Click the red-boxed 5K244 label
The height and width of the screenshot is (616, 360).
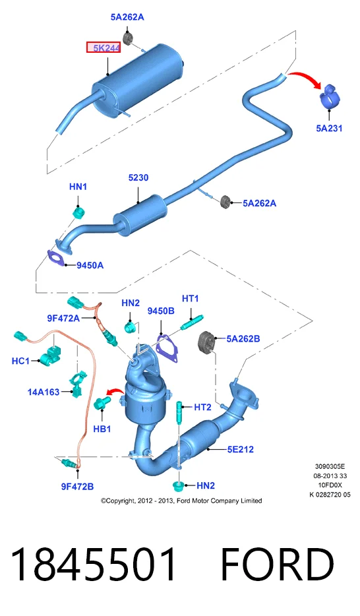point(104,48)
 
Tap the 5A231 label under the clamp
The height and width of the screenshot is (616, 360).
point(329,128)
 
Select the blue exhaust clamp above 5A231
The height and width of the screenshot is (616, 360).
point(328,95)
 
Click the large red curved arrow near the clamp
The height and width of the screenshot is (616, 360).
point(306,78)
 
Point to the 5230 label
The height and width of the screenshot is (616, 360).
point(138,177)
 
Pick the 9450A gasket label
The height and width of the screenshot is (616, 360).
point(90,265)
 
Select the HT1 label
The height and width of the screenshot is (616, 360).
point(190,299)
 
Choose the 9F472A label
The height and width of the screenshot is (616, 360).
point(63,318)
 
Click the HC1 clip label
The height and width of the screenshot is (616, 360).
point(20,360)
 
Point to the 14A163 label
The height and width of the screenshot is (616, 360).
point(43,392)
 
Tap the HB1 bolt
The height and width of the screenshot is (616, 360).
point(102,403)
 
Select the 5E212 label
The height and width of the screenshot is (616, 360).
point(240,449)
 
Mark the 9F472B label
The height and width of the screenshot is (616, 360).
point(77,486)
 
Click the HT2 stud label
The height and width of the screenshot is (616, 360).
point(202,407)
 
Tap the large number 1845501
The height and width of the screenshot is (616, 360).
point(93,565)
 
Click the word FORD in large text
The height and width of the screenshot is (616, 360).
point(277,565)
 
